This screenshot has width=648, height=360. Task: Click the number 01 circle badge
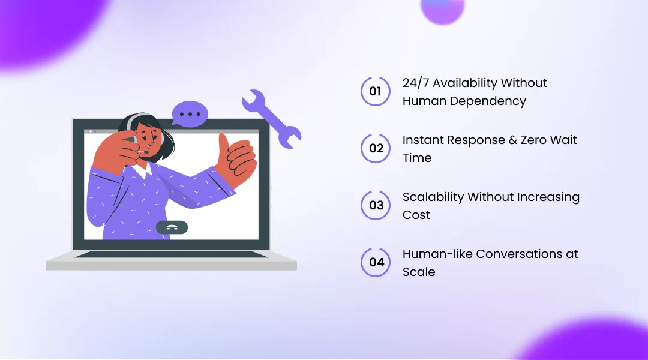[376, 91]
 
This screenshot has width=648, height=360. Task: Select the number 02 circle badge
[376, 148]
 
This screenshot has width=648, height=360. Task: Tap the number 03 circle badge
[376, 205]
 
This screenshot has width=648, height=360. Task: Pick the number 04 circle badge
[376, 262]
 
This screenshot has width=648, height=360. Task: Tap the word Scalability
[433, 197]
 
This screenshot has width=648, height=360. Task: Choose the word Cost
[416, 215]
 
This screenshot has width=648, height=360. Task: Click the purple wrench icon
[272, 119]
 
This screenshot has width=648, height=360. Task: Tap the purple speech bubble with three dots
[190, 113]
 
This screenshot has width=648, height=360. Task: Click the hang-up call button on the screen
[172, 227]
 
